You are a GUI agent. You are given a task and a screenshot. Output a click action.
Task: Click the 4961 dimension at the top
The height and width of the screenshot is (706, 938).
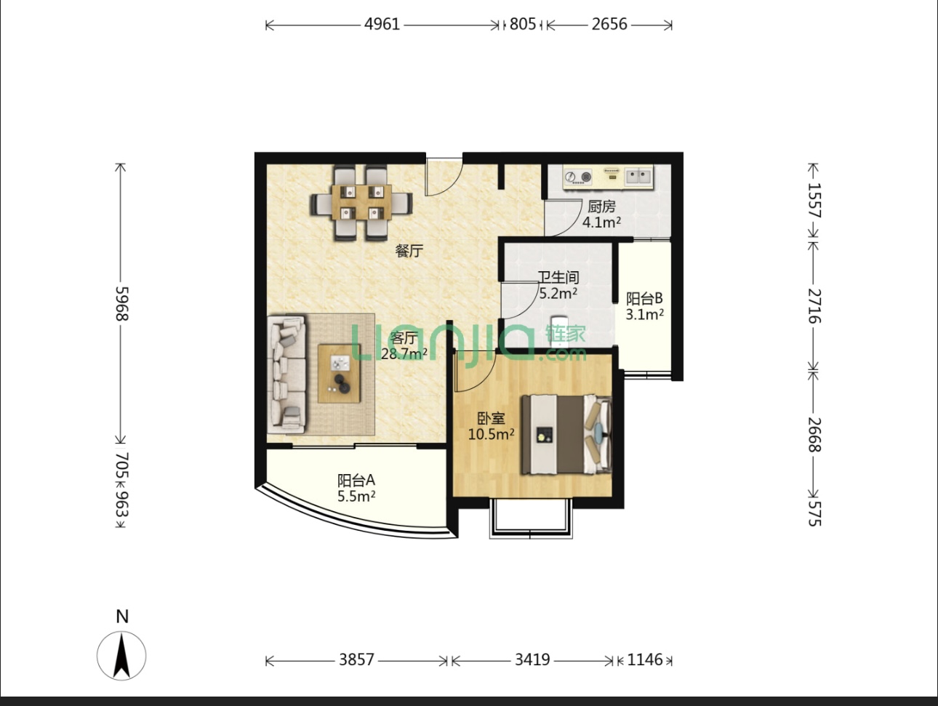click(x=382, y=24)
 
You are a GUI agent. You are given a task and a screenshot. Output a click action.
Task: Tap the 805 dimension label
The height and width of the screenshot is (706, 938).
click(x=522, y=24)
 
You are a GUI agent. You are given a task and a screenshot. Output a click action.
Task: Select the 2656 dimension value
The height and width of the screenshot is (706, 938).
click(x=609, y=24)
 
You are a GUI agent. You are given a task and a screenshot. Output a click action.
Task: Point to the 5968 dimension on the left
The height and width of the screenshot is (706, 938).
click(x=122, y=304)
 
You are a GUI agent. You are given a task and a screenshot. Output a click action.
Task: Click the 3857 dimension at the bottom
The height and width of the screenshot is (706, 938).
click(x=356, y=660)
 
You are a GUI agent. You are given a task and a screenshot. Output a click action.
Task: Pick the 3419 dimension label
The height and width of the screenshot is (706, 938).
click(x=532, y=660)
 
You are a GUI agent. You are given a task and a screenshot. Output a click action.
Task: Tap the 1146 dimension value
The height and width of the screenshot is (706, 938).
click(x=644, y=660)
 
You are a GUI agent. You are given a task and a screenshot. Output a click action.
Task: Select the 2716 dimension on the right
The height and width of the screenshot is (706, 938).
click(x=814, y=306)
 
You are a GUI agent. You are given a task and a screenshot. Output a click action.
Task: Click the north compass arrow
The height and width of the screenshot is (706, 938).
click(x=121, y=656)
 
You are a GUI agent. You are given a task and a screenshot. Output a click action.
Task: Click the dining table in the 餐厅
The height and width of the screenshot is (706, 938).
click(x=361, y=202)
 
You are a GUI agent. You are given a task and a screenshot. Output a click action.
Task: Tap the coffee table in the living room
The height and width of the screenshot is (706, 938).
click(x=340, y=373)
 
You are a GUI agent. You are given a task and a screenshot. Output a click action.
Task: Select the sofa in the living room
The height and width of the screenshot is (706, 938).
click(x=286, y=374)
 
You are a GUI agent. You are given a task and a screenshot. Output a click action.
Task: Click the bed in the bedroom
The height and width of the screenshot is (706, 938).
click(x=566, y=434)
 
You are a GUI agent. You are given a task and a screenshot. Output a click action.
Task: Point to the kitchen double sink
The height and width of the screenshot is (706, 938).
click(x=639, y=176)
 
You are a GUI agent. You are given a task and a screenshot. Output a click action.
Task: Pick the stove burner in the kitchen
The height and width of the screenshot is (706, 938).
click(x=578, y=177)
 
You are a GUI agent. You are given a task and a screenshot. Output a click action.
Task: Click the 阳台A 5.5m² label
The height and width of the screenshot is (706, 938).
click(x=356, y=488)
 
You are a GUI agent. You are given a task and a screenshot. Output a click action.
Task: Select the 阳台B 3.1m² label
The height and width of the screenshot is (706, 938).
click(x=644, y=306)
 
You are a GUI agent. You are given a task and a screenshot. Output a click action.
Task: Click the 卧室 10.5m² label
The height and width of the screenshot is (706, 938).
click(x=491, y=426)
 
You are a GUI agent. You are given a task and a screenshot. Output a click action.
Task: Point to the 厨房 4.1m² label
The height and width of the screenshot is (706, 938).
click(x=601, y=214)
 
